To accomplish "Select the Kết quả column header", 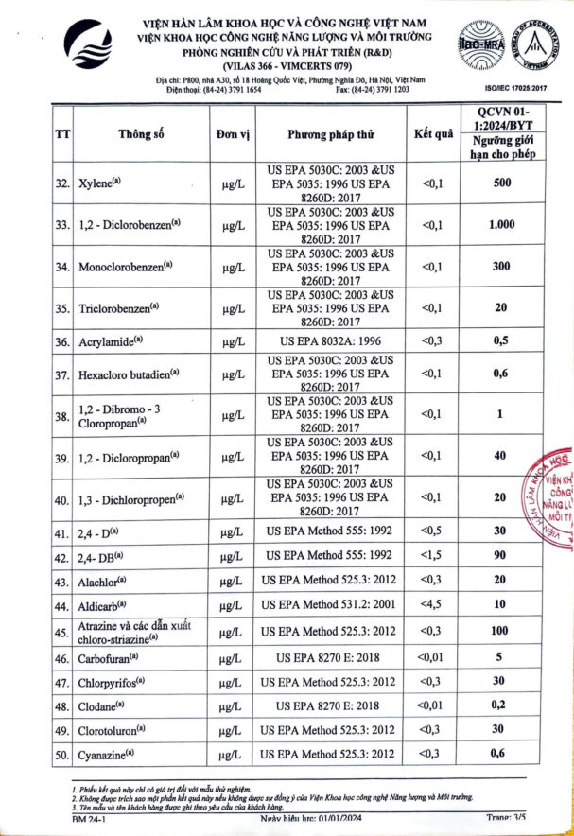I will pyautogui.click(x=433, y=133).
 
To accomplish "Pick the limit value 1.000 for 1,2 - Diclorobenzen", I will pyautogui.click(x=500, y=225).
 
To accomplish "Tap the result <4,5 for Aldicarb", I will pyautogui.click(x=432, y=604).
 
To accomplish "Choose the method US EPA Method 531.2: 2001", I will pyautogui.click(x=330, y=604).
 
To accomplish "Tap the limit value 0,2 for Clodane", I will pyautogui.click(x=500, y=705).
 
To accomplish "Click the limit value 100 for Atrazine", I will pyautogui.click(x=500, y=631).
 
